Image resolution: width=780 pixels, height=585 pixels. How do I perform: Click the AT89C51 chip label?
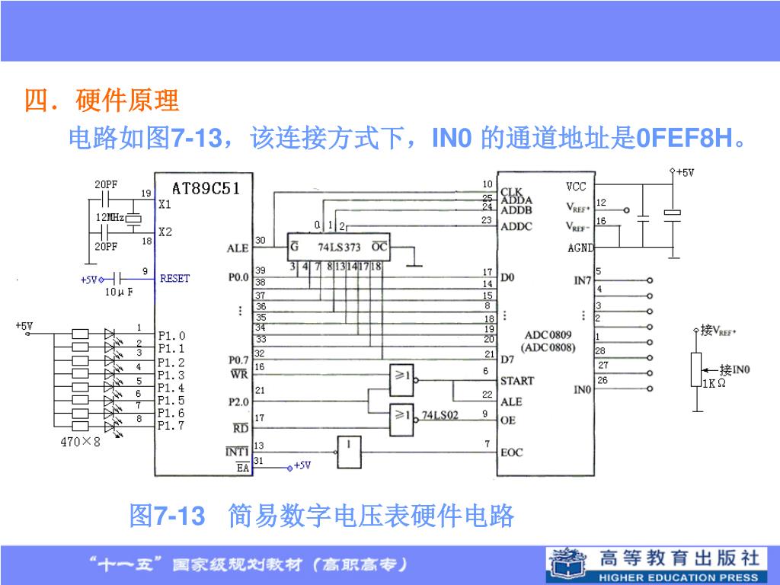point(206,188)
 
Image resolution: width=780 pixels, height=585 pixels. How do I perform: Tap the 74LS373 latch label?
point(339,247)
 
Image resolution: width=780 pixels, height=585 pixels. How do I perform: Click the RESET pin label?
point(174,278)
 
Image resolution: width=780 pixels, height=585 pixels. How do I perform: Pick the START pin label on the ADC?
point(517,380)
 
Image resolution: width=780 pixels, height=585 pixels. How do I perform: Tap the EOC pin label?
point(512,452)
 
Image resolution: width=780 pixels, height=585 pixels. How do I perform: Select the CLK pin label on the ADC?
point(511,191)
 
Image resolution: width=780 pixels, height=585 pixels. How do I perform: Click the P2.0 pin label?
point(238,401)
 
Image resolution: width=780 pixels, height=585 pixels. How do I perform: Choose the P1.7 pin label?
point(171,426)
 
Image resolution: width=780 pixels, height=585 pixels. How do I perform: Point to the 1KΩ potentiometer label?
point(714,383)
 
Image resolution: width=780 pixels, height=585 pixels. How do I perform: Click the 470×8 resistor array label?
point(80,441)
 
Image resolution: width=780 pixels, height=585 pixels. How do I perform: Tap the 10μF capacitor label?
point(119,292)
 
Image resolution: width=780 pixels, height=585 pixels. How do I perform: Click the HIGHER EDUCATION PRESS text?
point(679,577)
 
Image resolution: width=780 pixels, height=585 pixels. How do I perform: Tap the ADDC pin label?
point(516,226)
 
